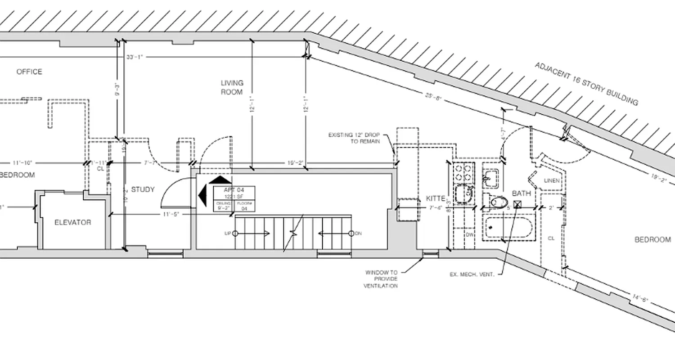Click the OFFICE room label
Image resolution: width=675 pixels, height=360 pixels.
point(29,72)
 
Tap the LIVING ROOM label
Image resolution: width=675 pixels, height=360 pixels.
point(232,87)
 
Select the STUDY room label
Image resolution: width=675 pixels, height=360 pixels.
point(143,189)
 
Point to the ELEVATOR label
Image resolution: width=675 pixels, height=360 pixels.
point(72,222)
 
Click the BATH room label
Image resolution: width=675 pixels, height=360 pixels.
point(521,193)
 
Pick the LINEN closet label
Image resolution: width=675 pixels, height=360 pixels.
point(552,181)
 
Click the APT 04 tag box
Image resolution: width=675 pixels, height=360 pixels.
point(234,198)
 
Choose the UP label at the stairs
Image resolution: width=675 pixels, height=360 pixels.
point(228,233)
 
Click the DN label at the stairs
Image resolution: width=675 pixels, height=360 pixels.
point(358,233)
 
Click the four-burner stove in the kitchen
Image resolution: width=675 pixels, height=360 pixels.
point(463,172)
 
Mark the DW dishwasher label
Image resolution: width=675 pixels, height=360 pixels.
point(469,234)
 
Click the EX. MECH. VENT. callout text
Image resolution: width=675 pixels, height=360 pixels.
point(472,274)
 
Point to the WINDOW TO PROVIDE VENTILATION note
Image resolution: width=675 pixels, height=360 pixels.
point(381,279)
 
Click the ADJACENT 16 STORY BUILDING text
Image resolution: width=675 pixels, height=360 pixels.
point(586,84)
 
